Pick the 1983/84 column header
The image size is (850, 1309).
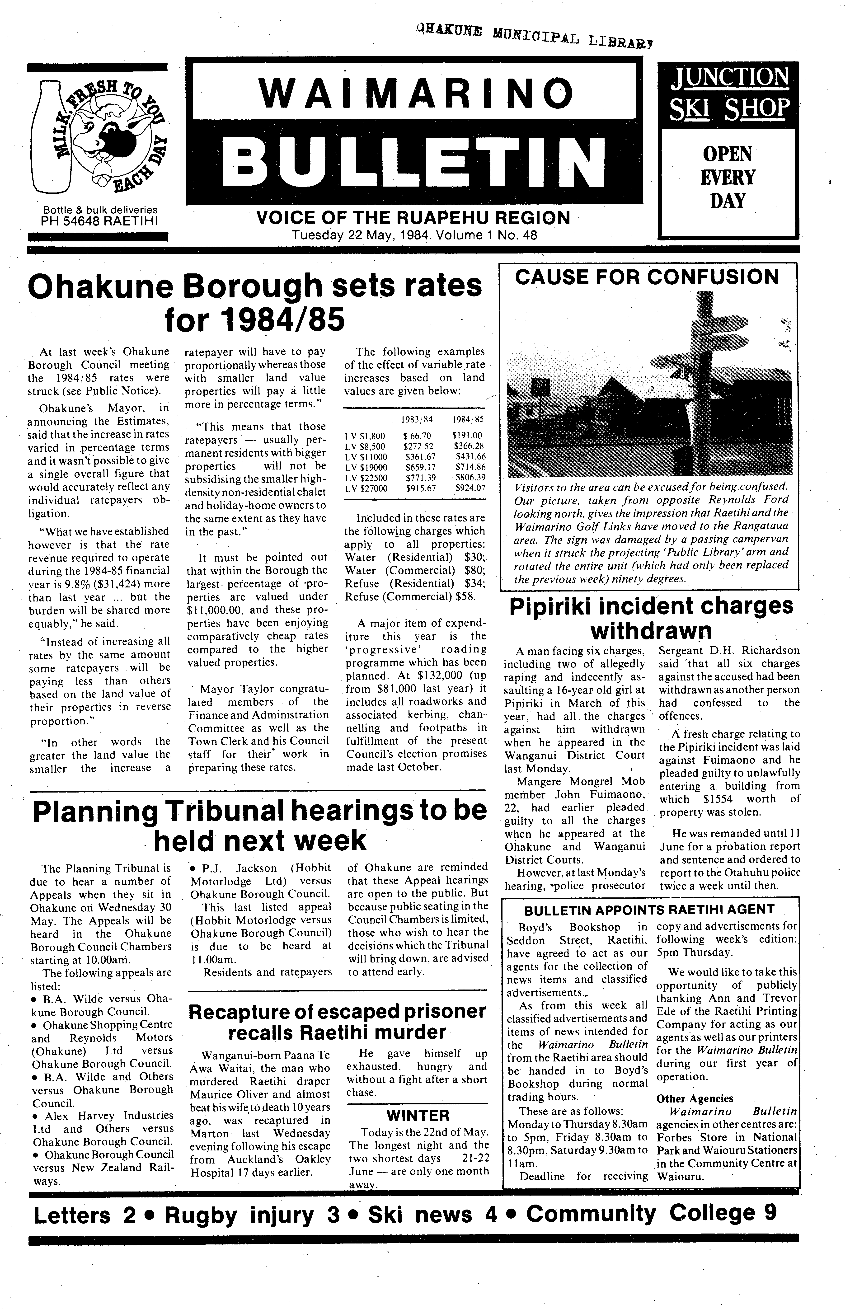(417, 419)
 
